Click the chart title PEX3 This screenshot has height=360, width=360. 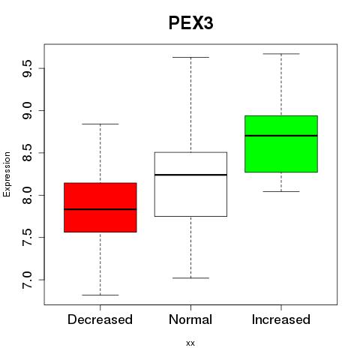[x=190, y=23]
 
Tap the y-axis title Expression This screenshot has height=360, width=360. [x=7, y=174]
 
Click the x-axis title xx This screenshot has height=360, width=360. [x=190, y=343]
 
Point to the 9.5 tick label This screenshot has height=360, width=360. [x=27, y=68]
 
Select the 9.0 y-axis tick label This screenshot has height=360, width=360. [x=27, y=110]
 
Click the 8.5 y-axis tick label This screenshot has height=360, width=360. [x=27, y=153]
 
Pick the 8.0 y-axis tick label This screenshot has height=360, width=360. [x=27, y=195]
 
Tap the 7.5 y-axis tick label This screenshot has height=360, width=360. [x=27, y=237]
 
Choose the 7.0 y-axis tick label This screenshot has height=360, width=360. [x=27, y=280]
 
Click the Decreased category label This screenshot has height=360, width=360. [x=100, y=319]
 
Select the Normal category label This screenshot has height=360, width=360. [x=190, y=319]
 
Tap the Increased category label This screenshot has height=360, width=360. [x=281, y=319]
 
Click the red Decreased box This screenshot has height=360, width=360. [x=100, y=208]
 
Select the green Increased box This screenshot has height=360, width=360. [x=281, y=144]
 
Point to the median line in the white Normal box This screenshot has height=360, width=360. [x=190, y=175]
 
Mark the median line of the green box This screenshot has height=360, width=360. [x=281, y=136]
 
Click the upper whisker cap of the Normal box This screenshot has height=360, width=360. [x=190, y=57]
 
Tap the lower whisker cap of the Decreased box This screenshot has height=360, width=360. [x=100, y=295]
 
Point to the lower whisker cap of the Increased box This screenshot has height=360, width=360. [x=281, y=191]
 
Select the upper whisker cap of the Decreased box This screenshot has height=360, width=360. [x=100, y=124]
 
